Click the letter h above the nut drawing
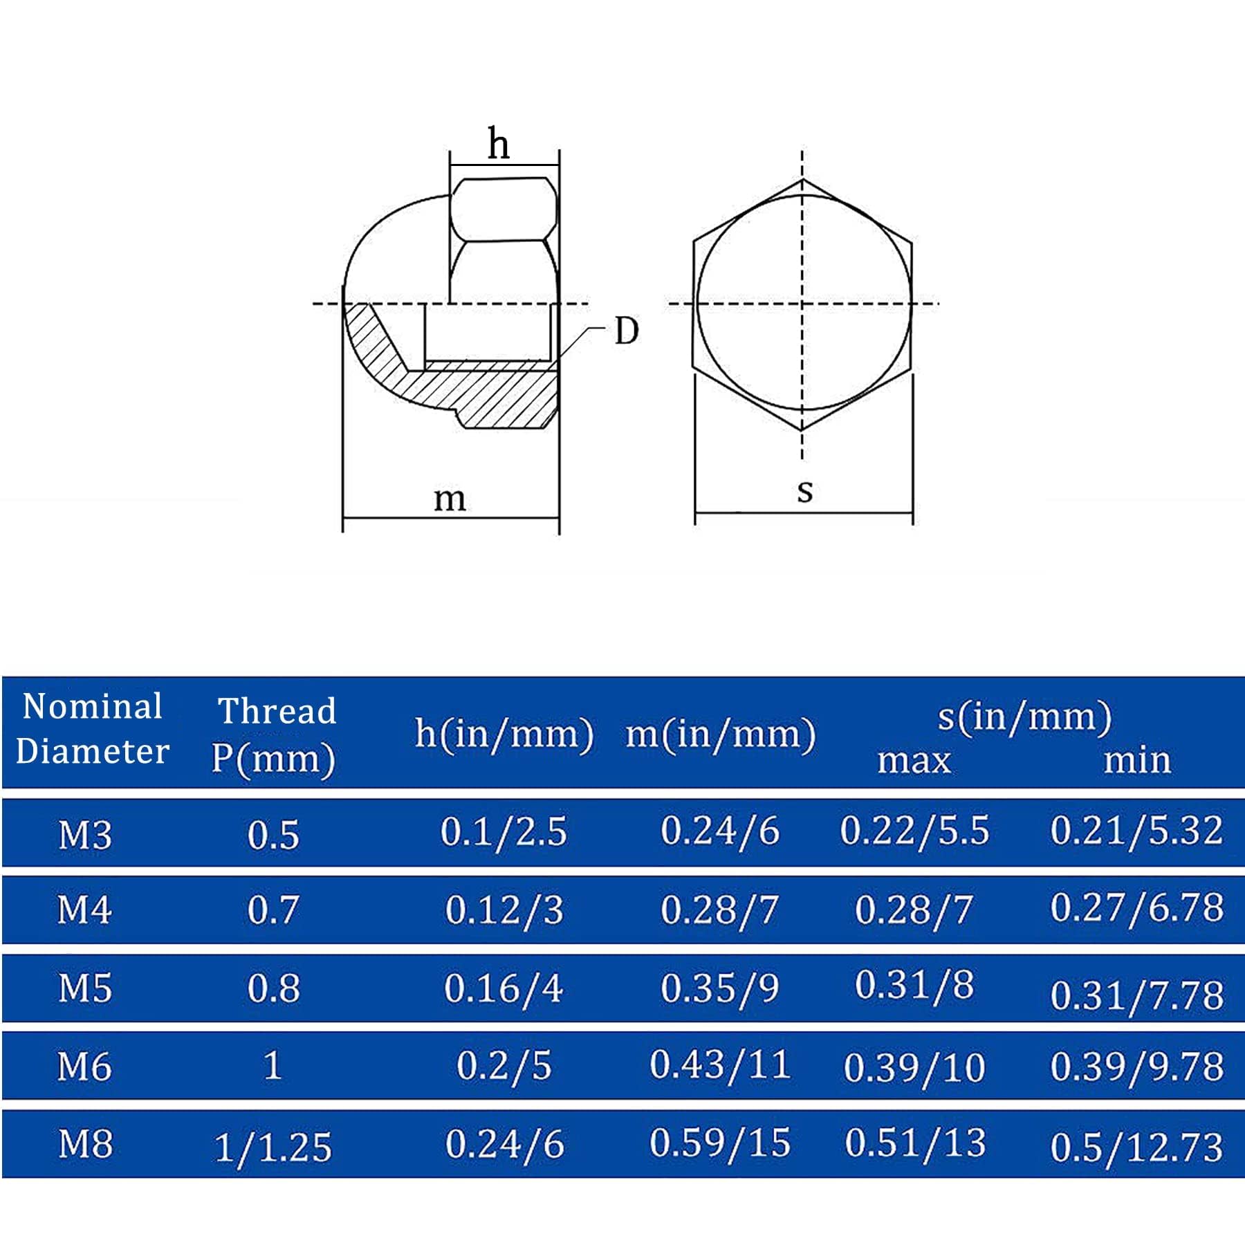(x=499, y=144)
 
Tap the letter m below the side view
(x=450, y=499)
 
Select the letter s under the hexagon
(x=804, y=492)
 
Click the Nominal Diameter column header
(x=93, y=729)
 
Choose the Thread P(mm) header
(x=275, y=735)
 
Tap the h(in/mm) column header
(x=504, y=733)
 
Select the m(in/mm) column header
(x=721, y=734)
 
